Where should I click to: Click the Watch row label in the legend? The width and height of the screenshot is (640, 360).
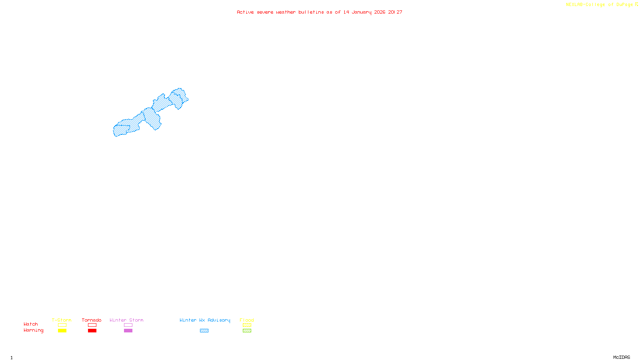point(31,324)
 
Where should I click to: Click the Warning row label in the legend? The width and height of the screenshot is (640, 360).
point(33,330)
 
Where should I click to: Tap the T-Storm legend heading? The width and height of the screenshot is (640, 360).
point(62,320)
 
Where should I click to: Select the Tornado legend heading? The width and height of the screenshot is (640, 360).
point(92,320)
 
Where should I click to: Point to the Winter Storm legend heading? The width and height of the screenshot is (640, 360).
point(126,320)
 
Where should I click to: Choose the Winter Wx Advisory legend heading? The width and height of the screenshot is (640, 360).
point(205,320)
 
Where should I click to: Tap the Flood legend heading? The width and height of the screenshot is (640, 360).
point(247,320)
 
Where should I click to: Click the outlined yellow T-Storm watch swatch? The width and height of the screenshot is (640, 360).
point(62,325)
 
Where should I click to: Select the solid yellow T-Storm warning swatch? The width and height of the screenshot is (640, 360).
point(62,331)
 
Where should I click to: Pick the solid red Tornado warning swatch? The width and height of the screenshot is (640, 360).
point(92,331)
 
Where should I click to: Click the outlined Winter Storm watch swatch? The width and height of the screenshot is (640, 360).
point(128,325)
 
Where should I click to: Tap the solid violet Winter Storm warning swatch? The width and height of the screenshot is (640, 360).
point(128,331)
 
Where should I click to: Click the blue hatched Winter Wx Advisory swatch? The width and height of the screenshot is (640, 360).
point(204,331)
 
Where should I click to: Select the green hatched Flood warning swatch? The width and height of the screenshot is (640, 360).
point(247,331)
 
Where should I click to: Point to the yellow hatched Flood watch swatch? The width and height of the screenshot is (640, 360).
point(247,325)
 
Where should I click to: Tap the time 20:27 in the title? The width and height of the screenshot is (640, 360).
point(395,12)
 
